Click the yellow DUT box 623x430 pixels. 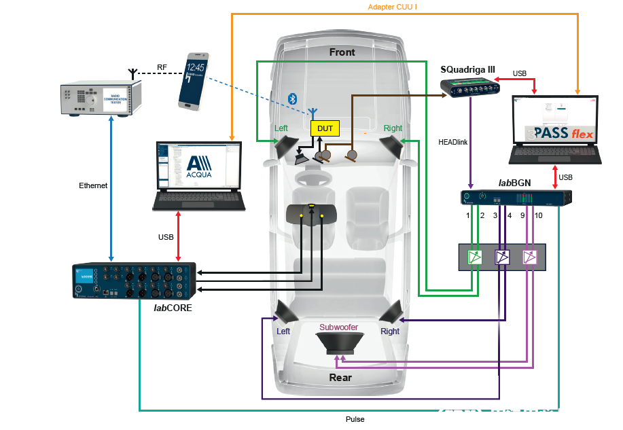pos(325,128)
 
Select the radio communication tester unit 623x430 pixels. pos(100,99)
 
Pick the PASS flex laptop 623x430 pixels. pos(556,130)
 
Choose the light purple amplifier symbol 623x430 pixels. pos(529,257)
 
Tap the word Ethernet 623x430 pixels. pos(93,185)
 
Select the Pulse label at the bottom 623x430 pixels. pos(355,419)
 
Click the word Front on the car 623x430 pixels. pos(342,52)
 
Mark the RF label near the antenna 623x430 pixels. pos(162,67)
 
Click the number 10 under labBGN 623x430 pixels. pos(538,215)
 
